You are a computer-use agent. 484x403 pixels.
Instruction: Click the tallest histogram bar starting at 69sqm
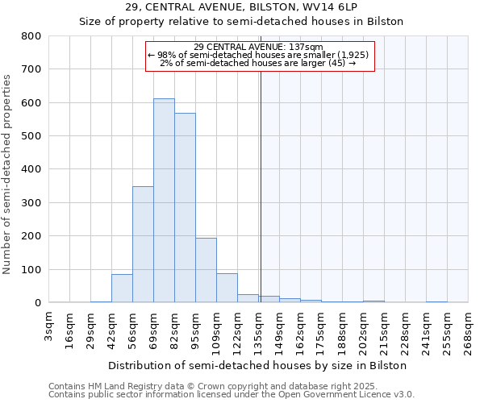(164, 201)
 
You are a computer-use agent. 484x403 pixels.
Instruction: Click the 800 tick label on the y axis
(31, 36)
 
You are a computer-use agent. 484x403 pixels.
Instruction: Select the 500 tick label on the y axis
(31, 136)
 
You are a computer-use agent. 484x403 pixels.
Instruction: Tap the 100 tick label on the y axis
(31, 269)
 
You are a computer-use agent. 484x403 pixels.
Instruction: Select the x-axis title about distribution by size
(257, 365)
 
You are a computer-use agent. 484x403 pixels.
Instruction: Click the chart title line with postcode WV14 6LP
(241, 6)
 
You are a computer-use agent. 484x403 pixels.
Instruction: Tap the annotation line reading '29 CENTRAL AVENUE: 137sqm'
(259, 47)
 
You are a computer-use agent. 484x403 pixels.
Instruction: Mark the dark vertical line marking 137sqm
(261, 185)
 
